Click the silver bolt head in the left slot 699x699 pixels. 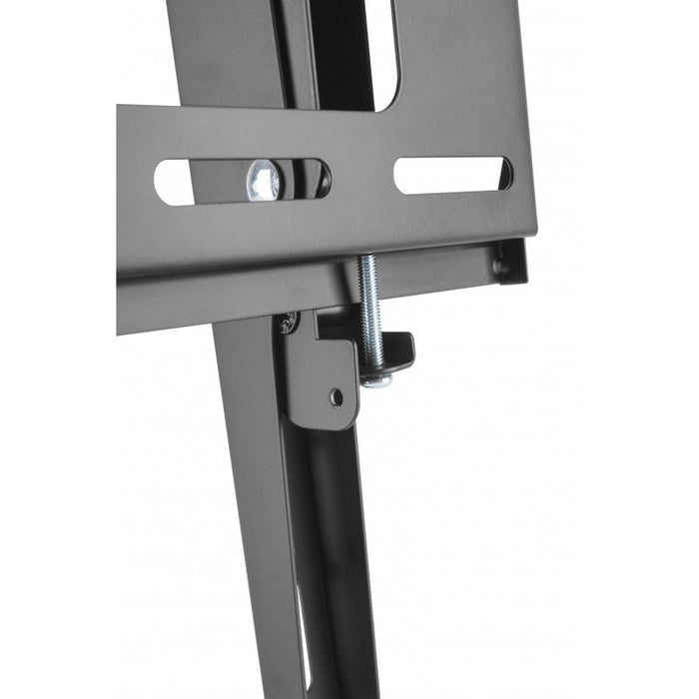(265, 180)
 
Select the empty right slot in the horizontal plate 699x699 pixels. (451, 175)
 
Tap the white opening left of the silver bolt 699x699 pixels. (176, 182)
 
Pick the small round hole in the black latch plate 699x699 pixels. (337, 396)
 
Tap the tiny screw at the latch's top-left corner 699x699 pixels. (290, 323)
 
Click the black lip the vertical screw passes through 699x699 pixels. (394, 349)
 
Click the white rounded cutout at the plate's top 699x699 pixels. (383, 50)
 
